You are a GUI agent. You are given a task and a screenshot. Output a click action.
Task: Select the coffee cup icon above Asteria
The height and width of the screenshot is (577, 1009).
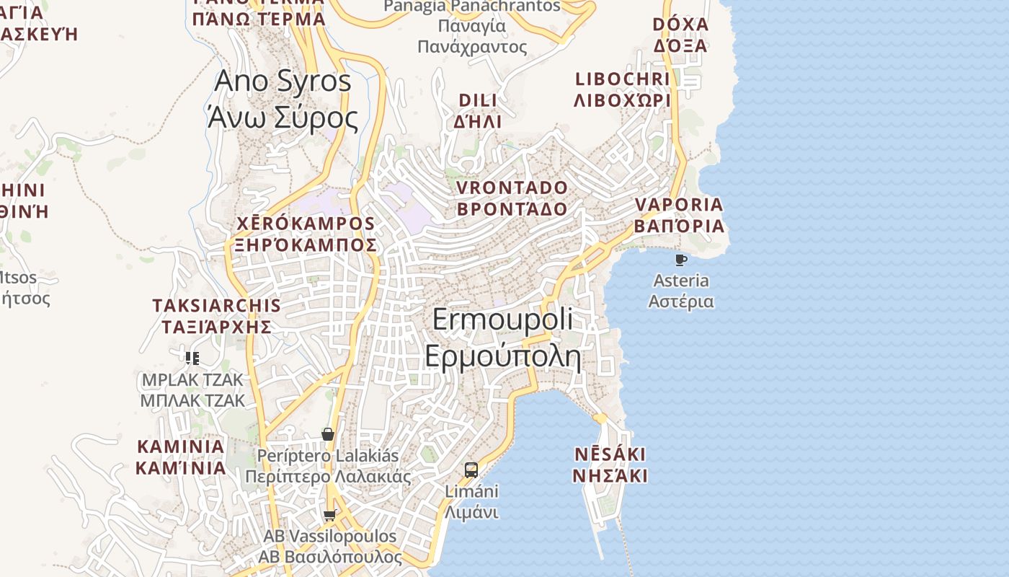(x=680, y=260)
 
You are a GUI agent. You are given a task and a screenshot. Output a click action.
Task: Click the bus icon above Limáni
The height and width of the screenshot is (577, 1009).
(x=471, y=470)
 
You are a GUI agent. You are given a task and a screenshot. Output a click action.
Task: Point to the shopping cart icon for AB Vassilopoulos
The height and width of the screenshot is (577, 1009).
(x=329, y=515)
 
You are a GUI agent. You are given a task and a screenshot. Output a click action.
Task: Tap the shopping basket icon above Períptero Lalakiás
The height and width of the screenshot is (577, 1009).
(x=328, y=433)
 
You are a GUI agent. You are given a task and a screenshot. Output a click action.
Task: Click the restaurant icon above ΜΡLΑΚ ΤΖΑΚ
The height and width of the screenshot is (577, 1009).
(x=192, y=358)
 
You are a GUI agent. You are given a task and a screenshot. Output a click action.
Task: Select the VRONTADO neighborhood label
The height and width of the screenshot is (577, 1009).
(x=512, y=188)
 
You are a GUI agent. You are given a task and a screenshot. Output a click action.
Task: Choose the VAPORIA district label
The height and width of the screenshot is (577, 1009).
(x=679, y=205)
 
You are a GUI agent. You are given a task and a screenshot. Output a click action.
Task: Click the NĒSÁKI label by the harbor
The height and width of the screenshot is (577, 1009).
(x=610, y=455)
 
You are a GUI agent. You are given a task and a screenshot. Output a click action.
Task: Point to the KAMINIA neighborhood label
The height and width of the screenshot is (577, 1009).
(x=180, y=446)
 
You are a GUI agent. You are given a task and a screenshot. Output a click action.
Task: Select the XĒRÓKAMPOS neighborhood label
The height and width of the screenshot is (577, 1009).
(x=306, y=224)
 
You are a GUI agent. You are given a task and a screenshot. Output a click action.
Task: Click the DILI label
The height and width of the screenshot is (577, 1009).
(x=478, y=100)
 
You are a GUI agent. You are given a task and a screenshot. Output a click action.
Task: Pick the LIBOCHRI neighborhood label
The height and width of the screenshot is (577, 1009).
(x=623, y=79)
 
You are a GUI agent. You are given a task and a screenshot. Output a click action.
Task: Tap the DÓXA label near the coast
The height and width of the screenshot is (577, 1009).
(x=680, y=25)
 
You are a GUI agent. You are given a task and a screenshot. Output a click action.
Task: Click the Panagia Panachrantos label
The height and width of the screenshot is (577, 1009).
(x=472, y=6)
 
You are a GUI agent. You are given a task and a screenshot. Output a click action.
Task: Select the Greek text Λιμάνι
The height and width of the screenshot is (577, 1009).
(x=471, y=513)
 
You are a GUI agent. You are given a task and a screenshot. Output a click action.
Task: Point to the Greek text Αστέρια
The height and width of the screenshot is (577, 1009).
(x=681, y=301)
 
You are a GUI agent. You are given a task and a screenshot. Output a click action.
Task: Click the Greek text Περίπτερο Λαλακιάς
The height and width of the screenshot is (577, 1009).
(x=328, y=477)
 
